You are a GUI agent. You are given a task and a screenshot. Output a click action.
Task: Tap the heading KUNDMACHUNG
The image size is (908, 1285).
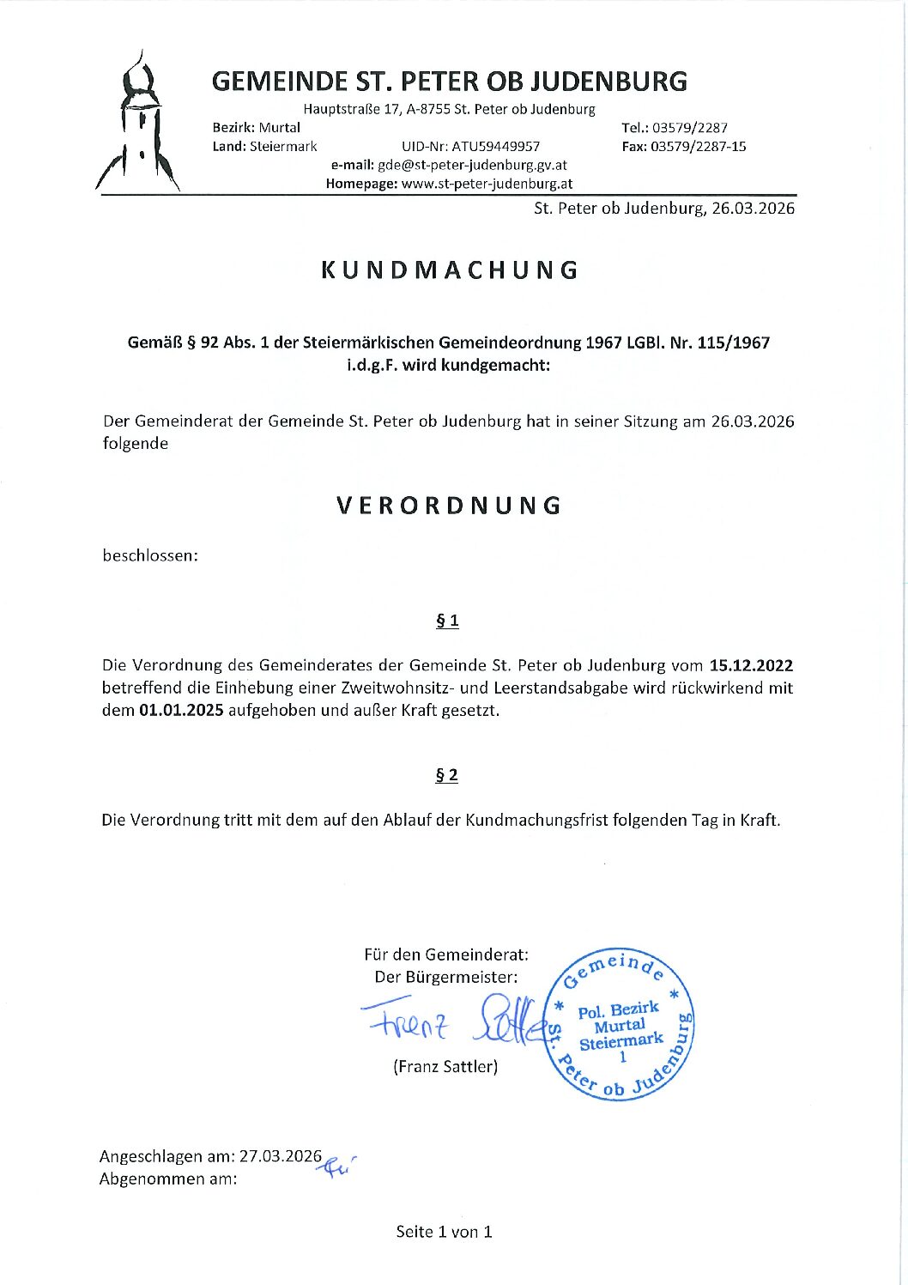tap(451, 270)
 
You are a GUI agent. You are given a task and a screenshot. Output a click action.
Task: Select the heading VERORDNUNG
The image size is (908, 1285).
tap(449, 505)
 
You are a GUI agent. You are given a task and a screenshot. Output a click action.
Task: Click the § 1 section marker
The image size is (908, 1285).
tap(447, 621)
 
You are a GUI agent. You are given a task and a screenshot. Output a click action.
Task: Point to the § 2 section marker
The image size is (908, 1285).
tap(447, 775)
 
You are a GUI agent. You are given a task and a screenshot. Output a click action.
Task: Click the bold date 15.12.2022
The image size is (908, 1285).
tap(751, 665)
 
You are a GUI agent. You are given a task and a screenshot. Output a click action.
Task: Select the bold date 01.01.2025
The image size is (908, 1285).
tap(181, 710)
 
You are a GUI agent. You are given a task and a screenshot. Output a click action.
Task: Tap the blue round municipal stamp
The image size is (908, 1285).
tap(620, 1025)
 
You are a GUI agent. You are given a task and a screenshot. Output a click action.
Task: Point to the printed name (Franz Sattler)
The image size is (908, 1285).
tap(445, 1066)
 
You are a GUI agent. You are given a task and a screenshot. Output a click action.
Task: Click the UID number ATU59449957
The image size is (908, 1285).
tap(496, 147)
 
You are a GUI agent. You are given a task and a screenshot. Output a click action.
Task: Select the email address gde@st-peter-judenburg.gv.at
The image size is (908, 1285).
tap(472, 165)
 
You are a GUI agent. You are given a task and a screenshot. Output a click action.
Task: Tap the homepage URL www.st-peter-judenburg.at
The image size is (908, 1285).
tap(487, 184)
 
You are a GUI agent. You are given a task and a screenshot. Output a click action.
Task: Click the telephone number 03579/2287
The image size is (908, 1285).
tap(690, 128)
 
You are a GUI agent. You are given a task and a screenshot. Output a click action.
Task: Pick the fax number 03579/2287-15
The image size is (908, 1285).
tap(698, 147)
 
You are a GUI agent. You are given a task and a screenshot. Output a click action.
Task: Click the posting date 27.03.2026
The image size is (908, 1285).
tap(281, 1156)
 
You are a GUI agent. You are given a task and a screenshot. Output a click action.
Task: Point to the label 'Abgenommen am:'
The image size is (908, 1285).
tap(168, 1179)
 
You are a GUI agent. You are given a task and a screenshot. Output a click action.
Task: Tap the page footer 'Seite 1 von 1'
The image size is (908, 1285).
tap(444, 1232)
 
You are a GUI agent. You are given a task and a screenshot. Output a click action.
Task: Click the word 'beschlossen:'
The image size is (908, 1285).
tap(150, 555)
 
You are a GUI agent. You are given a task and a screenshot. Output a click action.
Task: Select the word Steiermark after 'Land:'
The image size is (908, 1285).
tap(283, 147)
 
